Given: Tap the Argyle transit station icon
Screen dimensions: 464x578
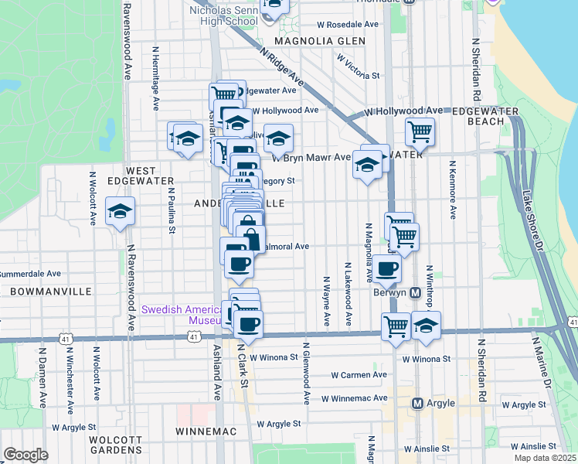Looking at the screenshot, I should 417,403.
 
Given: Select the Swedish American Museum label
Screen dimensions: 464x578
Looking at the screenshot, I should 182,315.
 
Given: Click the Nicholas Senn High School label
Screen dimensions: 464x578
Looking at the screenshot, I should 223,16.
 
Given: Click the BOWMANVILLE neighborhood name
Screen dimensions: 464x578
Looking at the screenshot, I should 51,292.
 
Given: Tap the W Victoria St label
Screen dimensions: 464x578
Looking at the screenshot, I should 359,66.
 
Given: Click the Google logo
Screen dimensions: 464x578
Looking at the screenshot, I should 26,455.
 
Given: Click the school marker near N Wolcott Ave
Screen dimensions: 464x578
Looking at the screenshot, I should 121,212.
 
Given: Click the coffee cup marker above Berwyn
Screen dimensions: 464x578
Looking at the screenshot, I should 389,269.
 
